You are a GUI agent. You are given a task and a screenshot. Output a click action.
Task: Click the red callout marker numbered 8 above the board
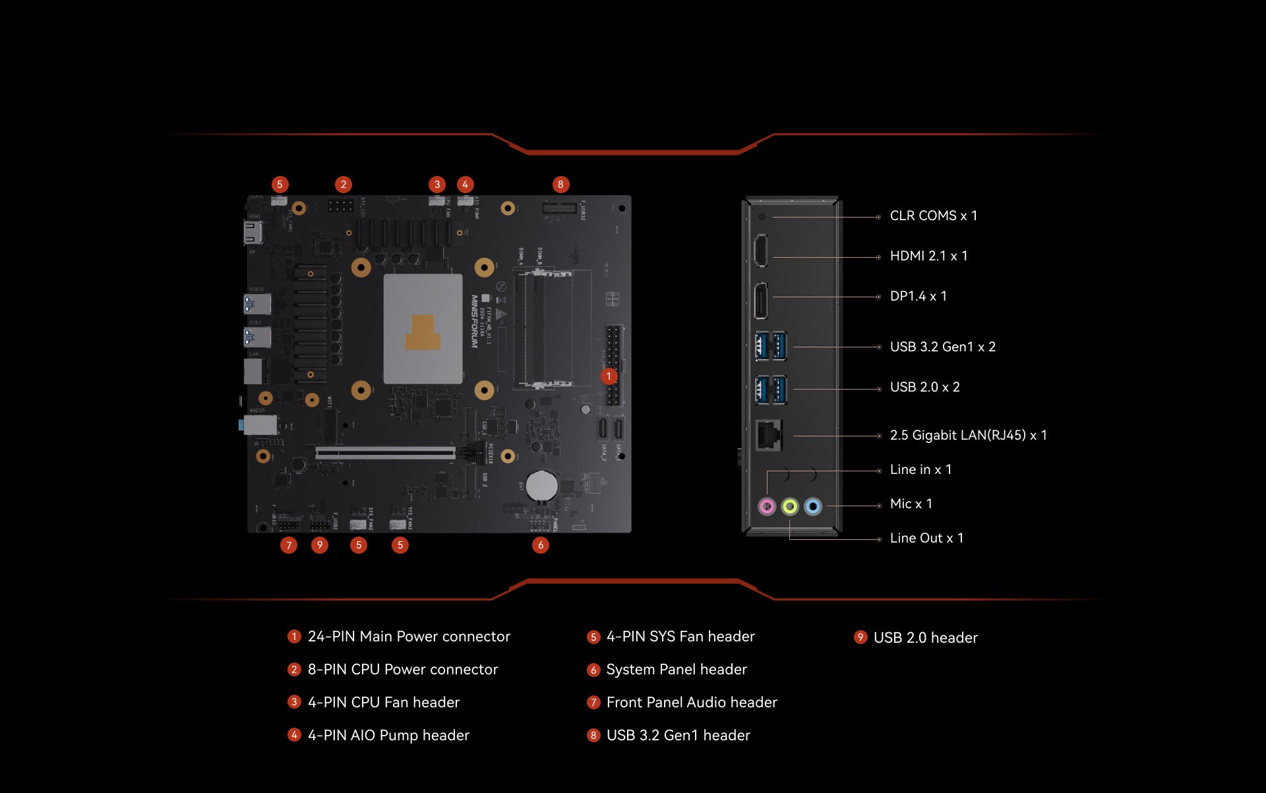pos(560,185)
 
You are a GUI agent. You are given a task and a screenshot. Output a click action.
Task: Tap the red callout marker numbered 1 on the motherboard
pos(609,376)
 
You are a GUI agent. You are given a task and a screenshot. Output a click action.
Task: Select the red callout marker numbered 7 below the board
pos(289,545)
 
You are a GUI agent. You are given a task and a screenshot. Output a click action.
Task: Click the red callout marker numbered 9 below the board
pos(320,545)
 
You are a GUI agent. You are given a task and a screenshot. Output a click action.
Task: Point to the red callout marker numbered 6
pos(541,545)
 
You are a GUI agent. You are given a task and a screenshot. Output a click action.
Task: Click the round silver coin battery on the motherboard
pos(542,486)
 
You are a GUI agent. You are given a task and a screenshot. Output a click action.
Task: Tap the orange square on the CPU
pos(423,333)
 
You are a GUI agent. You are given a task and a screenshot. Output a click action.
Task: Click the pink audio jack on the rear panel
pos(767,506)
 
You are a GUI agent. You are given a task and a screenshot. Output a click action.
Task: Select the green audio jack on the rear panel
pos(790,506)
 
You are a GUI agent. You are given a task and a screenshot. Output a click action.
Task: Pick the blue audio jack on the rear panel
pos(813,506)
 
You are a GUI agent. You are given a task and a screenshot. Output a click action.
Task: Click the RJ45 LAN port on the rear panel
pos(768,435)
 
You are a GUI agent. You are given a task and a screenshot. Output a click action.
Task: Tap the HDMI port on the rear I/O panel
pos(760,250)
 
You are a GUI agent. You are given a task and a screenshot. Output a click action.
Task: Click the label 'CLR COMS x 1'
pos(933,216)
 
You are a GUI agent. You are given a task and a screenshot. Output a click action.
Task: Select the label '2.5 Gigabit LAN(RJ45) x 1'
pos(968,435)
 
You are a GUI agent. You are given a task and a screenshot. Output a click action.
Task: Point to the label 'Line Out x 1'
pos(926,538)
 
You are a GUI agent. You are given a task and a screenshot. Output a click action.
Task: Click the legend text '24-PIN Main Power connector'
pos(409,636)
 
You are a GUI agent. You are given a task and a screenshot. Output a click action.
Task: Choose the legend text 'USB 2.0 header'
pos(925,637)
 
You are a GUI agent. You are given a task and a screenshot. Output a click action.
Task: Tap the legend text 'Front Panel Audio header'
pos(692,702)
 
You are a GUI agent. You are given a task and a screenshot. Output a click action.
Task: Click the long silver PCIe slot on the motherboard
pos(385,453)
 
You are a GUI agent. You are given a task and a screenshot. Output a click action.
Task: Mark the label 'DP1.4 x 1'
pos(918,296)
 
